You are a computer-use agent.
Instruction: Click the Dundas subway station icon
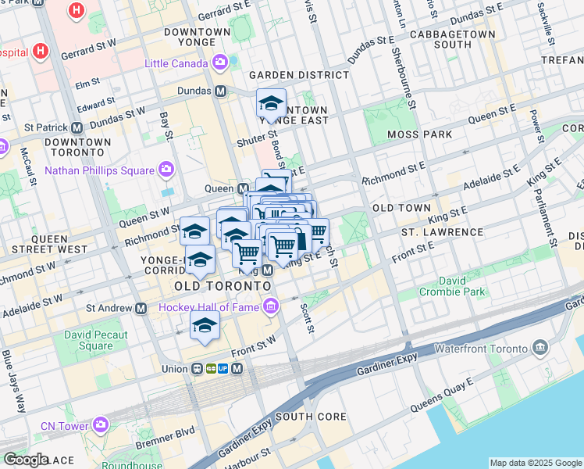[221, 91]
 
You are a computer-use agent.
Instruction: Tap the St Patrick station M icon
[77, 127]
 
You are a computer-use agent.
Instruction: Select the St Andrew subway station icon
[141, 308]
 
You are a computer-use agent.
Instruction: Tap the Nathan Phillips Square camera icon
[166, 170]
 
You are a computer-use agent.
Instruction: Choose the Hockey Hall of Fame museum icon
[271, 307]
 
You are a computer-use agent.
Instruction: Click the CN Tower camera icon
[101, 424]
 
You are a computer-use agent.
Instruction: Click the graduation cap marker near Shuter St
[271, 104]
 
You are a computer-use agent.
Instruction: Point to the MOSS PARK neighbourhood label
[418, 134]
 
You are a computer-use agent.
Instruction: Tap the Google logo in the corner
[27, 460]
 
